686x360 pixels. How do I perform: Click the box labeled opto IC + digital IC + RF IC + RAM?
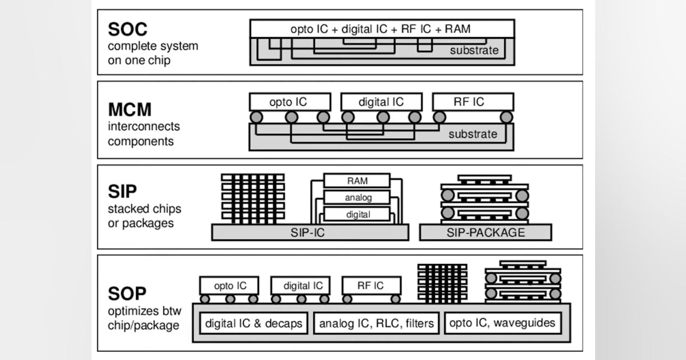click(382, 29)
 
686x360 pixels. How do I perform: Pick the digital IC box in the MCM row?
click(381, 102)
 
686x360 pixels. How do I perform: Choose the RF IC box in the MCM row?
click(473, 102)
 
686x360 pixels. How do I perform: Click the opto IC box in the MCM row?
click(290, 102)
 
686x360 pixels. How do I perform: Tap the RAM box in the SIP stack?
click(357, 181)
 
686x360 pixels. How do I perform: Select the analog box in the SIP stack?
click(357, 198)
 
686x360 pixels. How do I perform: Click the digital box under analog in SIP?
click(357, 215)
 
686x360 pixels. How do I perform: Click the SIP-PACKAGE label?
click(485, 232)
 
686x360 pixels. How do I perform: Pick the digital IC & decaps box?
click(253, 323)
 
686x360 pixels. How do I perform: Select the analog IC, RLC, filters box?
click(377, 323)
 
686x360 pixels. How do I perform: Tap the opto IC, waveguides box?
click(502, 323)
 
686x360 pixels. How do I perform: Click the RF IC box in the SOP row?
click(371, 285)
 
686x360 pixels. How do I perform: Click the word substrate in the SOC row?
click(474, 50)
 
